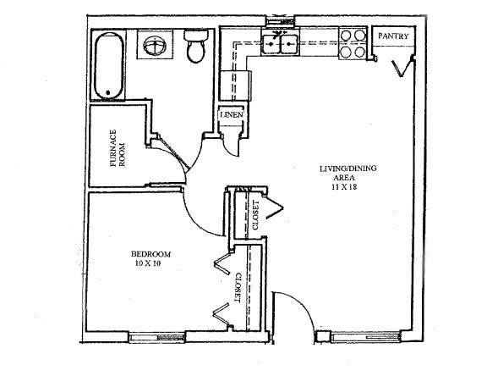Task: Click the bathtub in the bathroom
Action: tap(108, 65)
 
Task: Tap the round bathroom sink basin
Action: tap(155, 46)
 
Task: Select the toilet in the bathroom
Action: tap(196, 46)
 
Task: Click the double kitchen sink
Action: tap(280, 44)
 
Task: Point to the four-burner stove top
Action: tap(353, 43)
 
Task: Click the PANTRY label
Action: tap(393, 36)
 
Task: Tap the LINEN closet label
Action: tap(232, 115)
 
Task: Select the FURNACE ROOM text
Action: tap(118, 148)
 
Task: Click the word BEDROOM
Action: tap(151, 254)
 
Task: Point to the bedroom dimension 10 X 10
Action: tap(148, 263)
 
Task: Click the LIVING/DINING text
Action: tap(348, 169)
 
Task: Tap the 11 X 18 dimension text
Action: tap(344, 187)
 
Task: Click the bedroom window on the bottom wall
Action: tap(157, 337)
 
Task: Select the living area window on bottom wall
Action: tap(365, 337)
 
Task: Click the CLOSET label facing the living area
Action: tap(255, 215)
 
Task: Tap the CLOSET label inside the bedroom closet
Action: tap(238, 288)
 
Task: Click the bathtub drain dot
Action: tap(108, 92)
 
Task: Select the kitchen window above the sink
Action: tap(280, 21)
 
